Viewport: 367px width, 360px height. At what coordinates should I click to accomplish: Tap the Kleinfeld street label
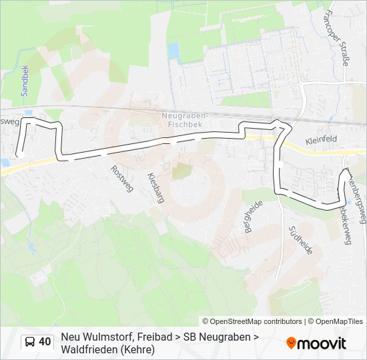[322, 141]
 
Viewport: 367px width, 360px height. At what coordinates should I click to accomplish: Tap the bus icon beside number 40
[30, 342]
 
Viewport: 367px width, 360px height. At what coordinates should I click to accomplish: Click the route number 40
[45, 342]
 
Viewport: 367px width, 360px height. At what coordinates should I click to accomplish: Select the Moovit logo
[316, 343]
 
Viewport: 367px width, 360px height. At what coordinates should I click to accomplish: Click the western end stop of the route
[21, 154]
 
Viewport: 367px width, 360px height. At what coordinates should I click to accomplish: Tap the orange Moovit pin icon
[291, 343]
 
